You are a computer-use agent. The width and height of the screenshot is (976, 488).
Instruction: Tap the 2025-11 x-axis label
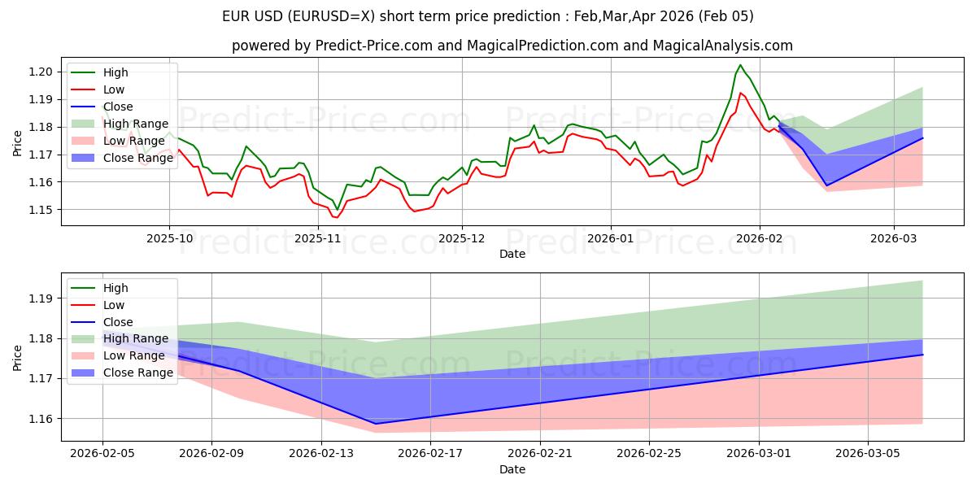tap(317, 238)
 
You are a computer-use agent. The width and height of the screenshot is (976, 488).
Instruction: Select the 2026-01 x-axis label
tap(610, 238)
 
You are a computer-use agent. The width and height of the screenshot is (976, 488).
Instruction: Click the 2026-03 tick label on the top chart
tap(893, 238)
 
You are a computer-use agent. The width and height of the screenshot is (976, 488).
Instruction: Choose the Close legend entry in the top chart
tap(118, 107)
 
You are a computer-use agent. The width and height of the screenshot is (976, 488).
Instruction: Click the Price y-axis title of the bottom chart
tap(18, 358)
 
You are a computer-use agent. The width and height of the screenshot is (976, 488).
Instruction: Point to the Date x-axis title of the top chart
tap(512, 254)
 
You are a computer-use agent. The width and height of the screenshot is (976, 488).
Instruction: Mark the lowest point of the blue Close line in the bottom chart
tap(376, 424)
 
